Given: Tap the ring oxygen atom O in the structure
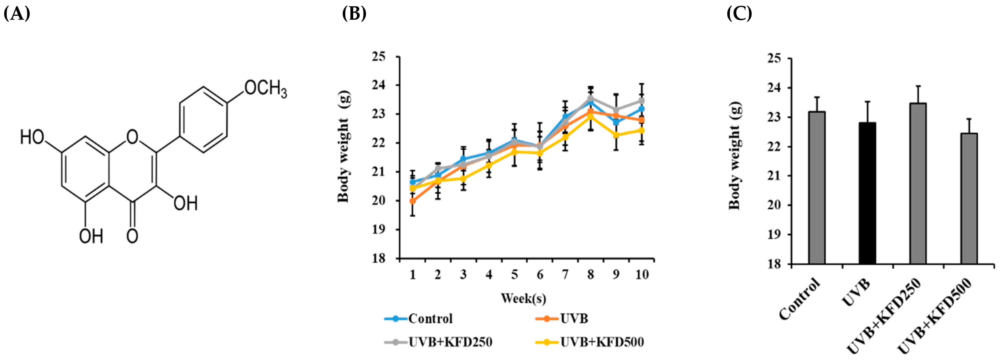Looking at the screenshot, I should [132, 137].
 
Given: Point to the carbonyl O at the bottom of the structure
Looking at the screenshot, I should [132, 236].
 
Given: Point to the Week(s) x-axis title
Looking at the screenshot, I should [523, 298].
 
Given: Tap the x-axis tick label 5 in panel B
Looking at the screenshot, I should [514, 275].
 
